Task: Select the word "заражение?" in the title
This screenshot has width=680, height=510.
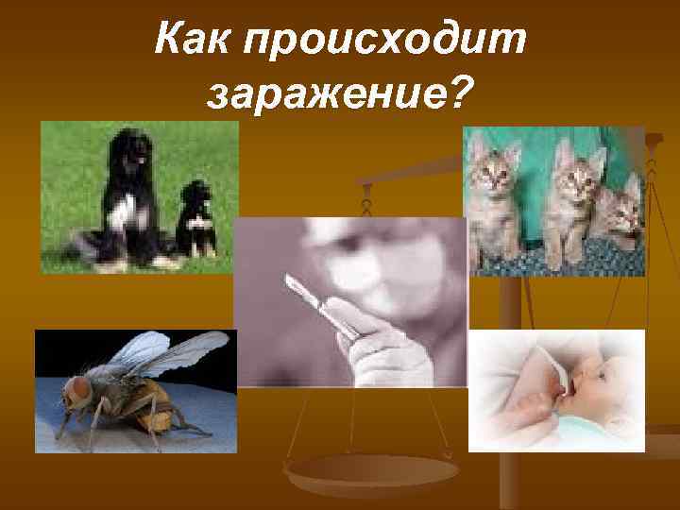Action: [340, 94]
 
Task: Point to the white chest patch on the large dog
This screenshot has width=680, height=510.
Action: [117, 212]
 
